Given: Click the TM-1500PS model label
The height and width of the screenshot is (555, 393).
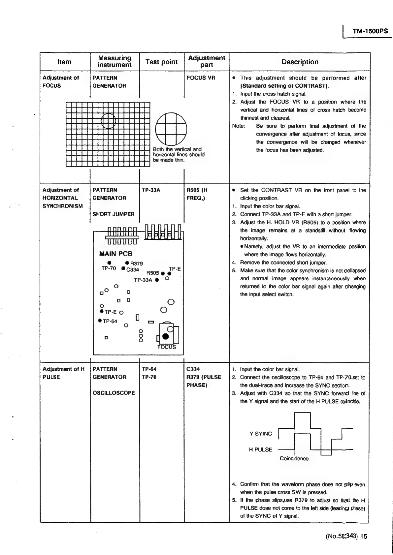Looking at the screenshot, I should click(x=370, y=31).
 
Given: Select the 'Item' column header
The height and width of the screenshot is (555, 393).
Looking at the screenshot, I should click(x=64, y=62).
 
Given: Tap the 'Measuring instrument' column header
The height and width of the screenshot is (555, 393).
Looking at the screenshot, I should click(x=115, y=62).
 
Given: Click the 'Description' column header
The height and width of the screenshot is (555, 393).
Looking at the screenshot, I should click(x=300, y=62).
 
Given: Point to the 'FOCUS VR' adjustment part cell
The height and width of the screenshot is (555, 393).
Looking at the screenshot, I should click(x=201, y=78).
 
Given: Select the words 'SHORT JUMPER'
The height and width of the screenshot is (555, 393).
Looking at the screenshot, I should click(x=114, y=214).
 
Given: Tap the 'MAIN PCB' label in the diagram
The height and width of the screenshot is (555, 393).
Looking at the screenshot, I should click(x=116, y=254).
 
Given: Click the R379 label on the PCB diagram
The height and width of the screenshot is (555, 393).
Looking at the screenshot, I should click(x=136, y=263).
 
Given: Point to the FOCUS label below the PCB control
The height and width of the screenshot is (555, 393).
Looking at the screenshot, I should click(x=167, y=347).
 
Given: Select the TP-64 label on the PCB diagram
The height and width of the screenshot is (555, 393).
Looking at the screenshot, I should click(x=110, y=322).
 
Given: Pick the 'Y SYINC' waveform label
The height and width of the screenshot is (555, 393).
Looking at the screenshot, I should click(x=261, y=434).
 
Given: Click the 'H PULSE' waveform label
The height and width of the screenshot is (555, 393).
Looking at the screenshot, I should click(x=260, y=449).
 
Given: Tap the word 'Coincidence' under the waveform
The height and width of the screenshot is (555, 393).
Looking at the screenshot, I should click(x=294, y=458).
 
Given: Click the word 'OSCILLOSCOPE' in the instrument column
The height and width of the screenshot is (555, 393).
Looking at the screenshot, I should click(x=114, y=393).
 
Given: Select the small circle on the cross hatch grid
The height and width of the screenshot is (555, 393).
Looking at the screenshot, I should click(x=109, y=121).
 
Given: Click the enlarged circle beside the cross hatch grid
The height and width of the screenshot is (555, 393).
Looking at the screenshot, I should click(x=171, y=129).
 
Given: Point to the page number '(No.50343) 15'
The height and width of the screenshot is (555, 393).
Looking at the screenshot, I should click(x=346, y=536).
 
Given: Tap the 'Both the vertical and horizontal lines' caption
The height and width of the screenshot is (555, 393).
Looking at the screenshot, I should click(x=179, y=155).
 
